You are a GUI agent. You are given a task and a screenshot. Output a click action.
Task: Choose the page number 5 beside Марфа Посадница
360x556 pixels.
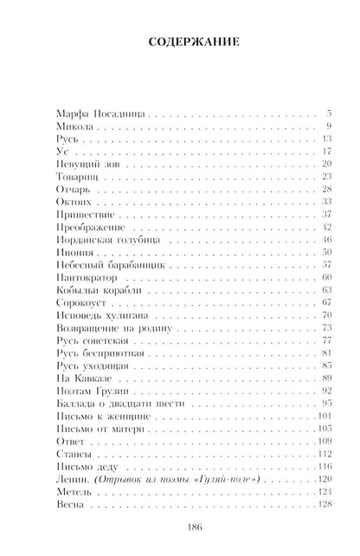point(330,113)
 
